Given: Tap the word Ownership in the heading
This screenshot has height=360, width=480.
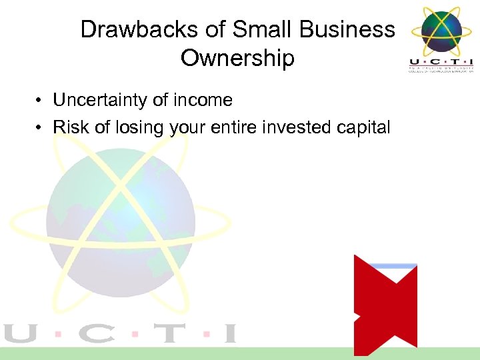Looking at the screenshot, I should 237,59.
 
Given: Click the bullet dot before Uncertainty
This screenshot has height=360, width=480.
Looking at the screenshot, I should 41,101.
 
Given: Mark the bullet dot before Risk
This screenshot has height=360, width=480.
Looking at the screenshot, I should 41,128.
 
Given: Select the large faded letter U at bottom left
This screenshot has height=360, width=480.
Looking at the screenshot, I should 20,333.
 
